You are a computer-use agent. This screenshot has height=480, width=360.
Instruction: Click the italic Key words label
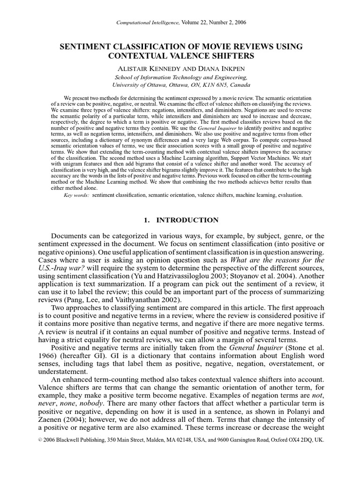point(76,195)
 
